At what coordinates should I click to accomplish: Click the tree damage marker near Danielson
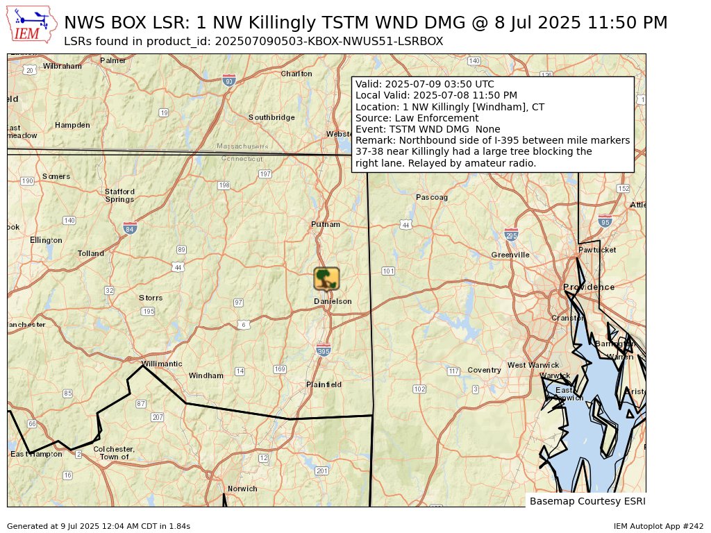coord(326,279)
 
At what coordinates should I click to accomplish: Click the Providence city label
coord(588,287)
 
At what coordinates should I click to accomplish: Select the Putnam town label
coord(326,225)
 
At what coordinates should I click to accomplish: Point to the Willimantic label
coord(161,364)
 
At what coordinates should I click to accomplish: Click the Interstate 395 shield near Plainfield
coord(323,350)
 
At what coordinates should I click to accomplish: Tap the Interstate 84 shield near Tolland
coord(130,228)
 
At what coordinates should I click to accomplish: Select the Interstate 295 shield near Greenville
coord(511,235)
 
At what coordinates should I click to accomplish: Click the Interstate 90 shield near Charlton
coord(229,80)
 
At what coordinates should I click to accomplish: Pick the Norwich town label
coord(242,489)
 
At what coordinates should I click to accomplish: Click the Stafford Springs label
coord(119,195)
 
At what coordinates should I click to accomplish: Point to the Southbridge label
coord(271,117)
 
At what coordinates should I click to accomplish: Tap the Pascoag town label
coord(432,198)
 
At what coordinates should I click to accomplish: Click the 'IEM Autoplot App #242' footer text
coord(658,527)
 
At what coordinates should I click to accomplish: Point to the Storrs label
coord(151,298)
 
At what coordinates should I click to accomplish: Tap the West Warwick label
coord(533,365)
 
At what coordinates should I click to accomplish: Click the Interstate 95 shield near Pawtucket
coord(605,221)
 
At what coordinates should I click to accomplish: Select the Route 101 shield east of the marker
coord(388,271)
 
